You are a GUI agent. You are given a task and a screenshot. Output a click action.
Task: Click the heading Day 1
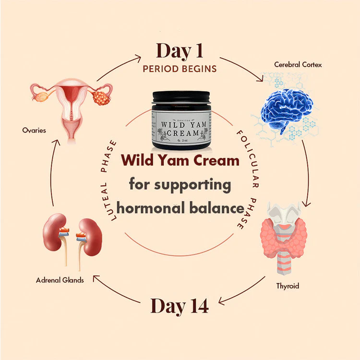point(180,51)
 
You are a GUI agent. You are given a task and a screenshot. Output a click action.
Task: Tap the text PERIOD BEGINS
point(180,69)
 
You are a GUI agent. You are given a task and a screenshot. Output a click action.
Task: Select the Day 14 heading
point(180,306)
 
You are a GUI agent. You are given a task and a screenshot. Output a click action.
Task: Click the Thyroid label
point(288,286)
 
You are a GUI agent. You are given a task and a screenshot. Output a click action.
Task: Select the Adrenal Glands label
point(60,280)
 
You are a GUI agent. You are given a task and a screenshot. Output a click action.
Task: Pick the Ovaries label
point(34,130)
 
